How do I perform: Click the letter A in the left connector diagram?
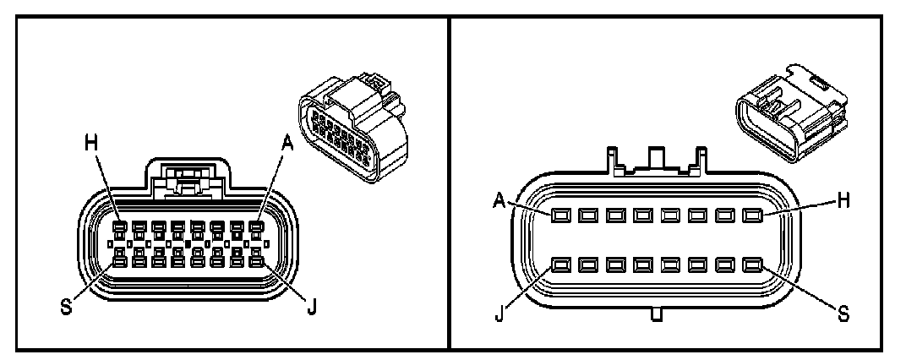click(x=287, y=145)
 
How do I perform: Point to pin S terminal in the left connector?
click(x=122, y=262)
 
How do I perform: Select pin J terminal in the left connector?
click(x=256, y=262)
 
